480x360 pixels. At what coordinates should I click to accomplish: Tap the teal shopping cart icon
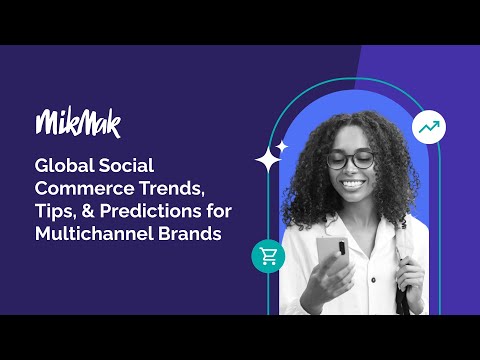[x=268, y=256]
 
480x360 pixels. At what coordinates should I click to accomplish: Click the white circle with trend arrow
[x=429, y=127]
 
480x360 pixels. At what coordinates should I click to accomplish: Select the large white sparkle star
[x=267, y=160]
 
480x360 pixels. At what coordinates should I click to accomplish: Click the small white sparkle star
[x=282, y=146]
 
